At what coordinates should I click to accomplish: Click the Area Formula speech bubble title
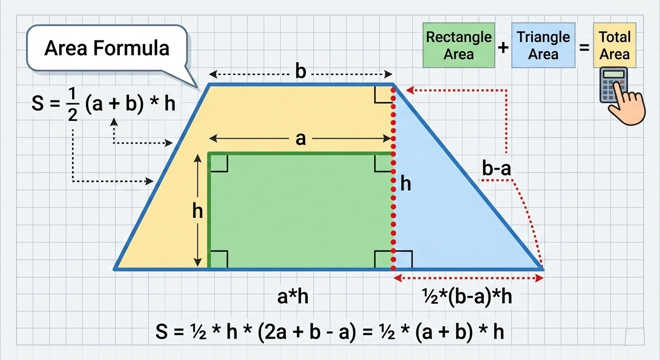(x=107, y=48)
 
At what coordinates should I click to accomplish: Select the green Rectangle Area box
(x=459, y=45)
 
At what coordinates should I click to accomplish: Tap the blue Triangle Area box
(x=543, y=45)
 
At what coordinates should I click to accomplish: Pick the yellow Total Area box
(x=615, y=45)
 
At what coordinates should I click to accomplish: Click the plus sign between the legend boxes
(x=503, y=47)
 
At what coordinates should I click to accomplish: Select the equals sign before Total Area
(x=584, y=47)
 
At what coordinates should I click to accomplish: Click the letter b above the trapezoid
(x=301, y=72)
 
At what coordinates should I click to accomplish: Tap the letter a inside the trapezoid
(x=300, y=139)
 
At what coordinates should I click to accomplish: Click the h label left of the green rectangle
(x=197, y=211)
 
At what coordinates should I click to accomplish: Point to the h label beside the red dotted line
(x=406, y=184)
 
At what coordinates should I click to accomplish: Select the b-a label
(x=496, y=168)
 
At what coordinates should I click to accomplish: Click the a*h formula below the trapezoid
(x=293, y=297)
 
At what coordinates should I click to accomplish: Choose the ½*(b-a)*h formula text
(x=467, y=297)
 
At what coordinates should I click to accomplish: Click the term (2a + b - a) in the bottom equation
(x=307, y=332)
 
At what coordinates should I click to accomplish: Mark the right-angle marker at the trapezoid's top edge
(x=383, y=94)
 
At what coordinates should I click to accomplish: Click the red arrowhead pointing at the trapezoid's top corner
(x=410, y=90)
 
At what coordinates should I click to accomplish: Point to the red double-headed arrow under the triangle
(x=468, y=278)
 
